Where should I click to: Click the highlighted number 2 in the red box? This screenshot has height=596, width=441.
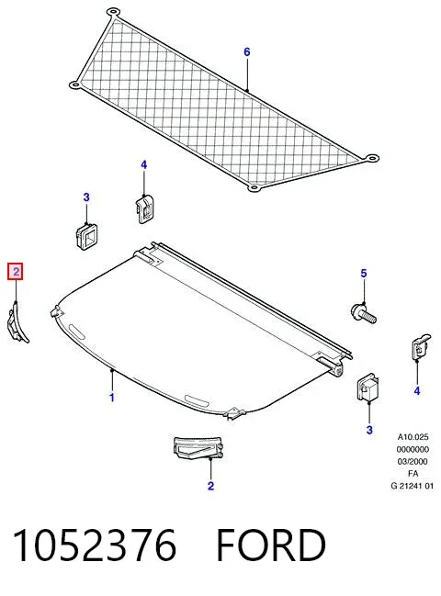(16, 272)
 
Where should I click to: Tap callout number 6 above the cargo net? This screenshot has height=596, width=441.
(247, 51)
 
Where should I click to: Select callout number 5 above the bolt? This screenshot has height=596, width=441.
(364, 274)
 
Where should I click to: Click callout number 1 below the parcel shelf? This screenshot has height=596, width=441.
(112, 398)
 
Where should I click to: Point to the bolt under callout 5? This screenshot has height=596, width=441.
(364, 313)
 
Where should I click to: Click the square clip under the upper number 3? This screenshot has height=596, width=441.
(86, 236)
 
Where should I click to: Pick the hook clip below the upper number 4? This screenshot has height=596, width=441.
(144, 208)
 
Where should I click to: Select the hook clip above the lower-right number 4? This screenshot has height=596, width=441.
(420, 347)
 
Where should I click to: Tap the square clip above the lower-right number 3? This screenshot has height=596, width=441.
(368, 388)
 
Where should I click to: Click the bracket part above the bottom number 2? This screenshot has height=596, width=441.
(198, 447)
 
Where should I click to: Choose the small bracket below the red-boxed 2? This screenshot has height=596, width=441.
(17, 322)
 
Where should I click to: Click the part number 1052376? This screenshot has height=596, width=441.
(95, 545)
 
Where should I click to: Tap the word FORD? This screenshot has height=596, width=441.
(271, 545)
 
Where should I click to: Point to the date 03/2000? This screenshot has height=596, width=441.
(413, 461)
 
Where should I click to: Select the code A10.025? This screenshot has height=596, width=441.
(413, 437)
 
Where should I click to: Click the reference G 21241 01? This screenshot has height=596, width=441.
(413, 486)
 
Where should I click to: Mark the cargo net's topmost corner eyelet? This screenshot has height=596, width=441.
(112, 12)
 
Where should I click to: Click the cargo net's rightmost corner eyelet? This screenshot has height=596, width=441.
(371, 158)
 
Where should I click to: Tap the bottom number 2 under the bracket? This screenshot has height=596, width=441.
(210, 486)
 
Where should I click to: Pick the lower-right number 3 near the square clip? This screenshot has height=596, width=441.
(369, 430)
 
